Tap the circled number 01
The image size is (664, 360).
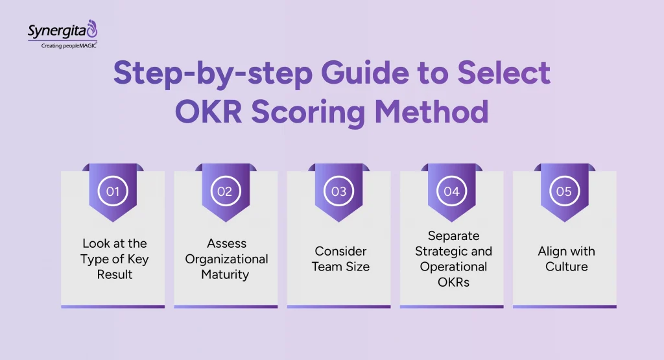click(113, 191)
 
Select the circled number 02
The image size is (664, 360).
click(226, 191)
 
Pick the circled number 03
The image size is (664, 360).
click(338, 191)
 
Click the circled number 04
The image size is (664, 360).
click(451, 191)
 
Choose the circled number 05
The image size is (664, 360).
click(564, 191)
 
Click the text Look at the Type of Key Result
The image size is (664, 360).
click(115, 259)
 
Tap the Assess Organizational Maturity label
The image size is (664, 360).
click(226, 259)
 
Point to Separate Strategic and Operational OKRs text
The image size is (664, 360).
click(453, 259)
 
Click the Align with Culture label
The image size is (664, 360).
click(566, 259)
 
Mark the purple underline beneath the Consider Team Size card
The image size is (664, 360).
click(338, 306)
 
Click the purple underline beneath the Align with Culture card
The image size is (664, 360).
click(564, 306)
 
